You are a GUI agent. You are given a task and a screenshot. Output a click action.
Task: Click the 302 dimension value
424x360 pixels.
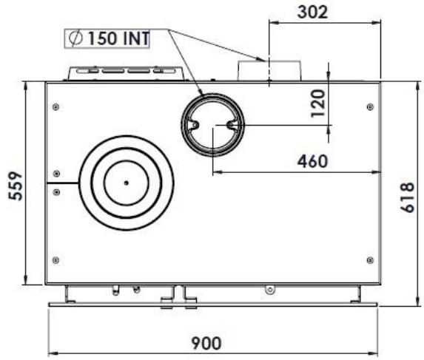pyautogui.click(x=312, y=13)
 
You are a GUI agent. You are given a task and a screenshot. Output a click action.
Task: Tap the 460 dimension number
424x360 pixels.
pyautogui.click(x=312, y=161)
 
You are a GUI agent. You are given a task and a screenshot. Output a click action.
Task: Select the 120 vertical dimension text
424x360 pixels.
pyautogui.click(x=317, y=103)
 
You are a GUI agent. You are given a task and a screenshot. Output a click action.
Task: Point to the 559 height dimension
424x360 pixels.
pyautogui.click(x=16, y=186)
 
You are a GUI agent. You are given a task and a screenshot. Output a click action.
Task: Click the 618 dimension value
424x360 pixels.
pyautogui.click(x=408, y=197)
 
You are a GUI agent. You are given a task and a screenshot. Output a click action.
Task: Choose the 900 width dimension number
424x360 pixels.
pyautogui.click(x=206, y=343)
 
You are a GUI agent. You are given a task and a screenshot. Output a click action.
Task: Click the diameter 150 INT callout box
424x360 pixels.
pyautogui.click(x=107, y=38)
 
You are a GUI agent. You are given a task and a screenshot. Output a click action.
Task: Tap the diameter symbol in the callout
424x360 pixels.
pyautogui.click(x=75, y=38)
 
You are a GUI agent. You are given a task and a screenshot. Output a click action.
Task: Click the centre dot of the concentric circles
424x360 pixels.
pyautogui.click(x=126, y=183)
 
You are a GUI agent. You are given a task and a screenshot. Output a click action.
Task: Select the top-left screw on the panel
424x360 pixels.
pyautogui.click(x=56, y=107)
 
